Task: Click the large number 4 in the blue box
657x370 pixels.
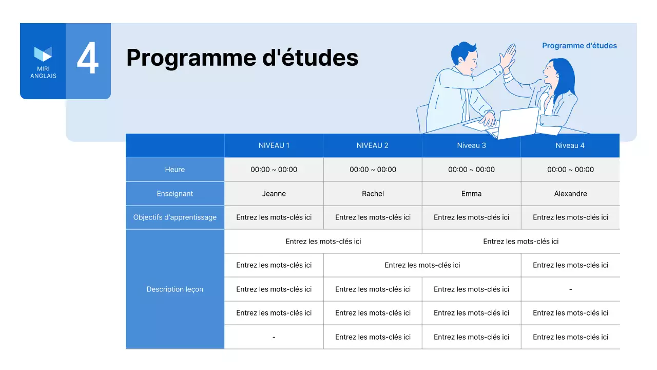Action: (x=88, y=60)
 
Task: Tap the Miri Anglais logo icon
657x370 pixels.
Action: (x=43, y=54)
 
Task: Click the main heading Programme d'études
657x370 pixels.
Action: (x=242, y=58)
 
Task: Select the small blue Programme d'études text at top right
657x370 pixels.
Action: (x=579, y=46)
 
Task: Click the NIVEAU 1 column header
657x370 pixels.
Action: (x=274, y=145)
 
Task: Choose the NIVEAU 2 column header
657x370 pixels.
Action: (x=373, y=145)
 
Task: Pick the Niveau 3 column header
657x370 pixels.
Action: (x=471, y=145)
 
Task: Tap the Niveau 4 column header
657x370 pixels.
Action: (x=570, y=145)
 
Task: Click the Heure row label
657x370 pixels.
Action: (x=175, y=170)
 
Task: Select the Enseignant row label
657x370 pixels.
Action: (x=175, y=194)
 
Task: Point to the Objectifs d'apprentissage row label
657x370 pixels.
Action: (x=175, y=217)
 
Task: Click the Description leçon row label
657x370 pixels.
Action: (x=175, y=289)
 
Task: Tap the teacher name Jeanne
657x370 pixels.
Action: (x=274, y=194)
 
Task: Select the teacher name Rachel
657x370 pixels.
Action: (x=373, y=194)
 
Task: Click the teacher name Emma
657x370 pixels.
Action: (x=471, y=194)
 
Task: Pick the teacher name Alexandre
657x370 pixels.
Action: (x=570, y=194)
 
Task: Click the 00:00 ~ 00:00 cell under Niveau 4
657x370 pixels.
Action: (x=570, y=170)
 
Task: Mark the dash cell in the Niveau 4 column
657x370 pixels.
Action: (x=570, y=289)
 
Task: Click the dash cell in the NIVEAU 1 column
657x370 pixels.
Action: (x=274, y=337)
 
